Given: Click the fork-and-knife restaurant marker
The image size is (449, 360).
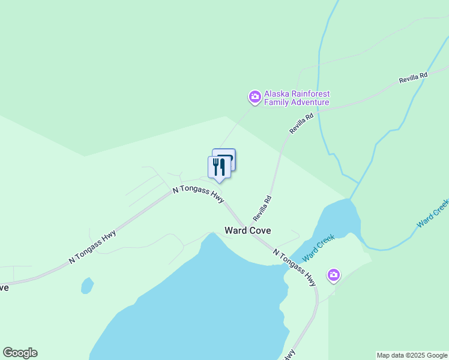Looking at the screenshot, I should click(x=218, y=167).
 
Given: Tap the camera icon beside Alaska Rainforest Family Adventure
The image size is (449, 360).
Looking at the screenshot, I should click(x=255, y=97).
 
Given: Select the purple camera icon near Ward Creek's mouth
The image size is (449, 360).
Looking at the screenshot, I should click(x=334, y=275).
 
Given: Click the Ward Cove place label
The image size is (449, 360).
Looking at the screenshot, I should click(x=247, y=230).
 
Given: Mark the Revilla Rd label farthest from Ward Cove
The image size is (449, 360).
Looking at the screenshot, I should click(x=413, y=78).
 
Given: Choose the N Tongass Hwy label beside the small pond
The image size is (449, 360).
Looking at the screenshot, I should click(x=92, y=247).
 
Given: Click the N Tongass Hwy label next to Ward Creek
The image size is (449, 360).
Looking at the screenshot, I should click(x=294, y=267).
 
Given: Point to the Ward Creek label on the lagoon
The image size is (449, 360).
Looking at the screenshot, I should click(x=318, y=248).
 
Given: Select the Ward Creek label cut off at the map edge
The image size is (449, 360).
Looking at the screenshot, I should click(x=433, y=214).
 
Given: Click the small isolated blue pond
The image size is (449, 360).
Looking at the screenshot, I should click(x=87, y=285).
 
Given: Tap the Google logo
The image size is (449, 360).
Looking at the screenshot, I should click(x=20, y=353).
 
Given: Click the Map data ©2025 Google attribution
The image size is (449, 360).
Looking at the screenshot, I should click(x=412, y=355).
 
